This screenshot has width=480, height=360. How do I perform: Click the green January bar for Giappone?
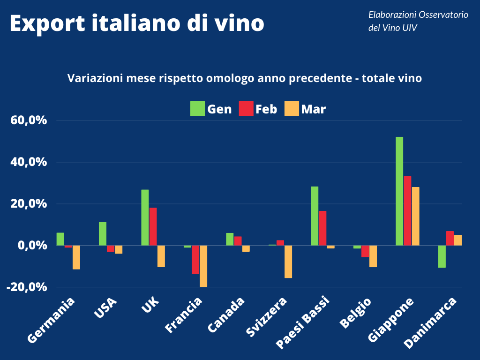(399, 191)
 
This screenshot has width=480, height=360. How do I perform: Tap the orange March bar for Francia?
(203, 266)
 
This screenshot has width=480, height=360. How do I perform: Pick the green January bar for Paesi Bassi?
(315, 216)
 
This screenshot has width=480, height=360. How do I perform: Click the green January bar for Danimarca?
(442, 256)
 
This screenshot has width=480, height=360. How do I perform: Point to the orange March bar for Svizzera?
(288, 262)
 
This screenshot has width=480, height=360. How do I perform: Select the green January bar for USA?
(103, 233)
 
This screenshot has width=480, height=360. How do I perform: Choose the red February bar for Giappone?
(407, 210)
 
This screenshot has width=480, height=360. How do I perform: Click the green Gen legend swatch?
(197, 109)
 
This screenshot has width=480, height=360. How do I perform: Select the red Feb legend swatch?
(247, 109)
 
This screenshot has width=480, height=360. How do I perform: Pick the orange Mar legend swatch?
(292, 109)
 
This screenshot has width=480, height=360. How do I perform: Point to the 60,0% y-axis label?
(29, 121)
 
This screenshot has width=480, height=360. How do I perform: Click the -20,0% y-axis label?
(27, 287)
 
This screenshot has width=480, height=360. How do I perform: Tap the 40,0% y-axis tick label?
(29, 162)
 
